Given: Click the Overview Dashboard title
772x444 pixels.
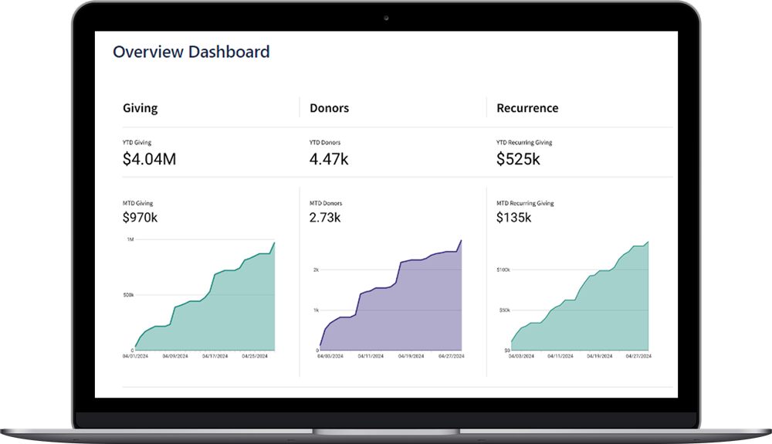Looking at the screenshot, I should coord(191,53).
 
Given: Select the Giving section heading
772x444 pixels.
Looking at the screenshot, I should coord(140,108).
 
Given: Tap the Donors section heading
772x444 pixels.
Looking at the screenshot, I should coord(329,108).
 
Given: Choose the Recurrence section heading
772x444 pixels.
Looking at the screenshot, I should coord(527,108).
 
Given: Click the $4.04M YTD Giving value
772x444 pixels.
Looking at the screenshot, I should coord(149,160).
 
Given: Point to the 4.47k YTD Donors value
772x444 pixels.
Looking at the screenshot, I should coord(330,160).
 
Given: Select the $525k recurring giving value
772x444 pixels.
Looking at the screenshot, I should coord(518,160).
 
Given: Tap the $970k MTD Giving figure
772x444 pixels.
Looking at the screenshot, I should coord(140,218).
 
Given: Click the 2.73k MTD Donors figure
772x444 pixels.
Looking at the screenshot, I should coord(325,218).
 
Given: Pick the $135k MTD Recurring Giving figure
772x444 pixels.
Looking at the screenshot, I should coord(513,218).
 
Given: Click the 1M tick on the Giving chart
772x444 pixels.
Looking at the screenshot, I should coord(130,240).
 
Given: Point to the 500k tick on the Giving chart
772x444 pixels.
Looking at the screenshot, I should coord(127,295).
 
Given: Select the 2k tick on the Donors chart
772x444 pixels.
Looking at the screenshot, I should coord(316,270).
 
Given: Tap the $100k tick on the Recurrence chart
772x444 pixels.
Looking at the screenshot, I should coord(503,270).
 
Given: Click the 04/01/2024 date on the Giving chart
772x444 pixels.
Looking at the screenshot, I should coord(135,357).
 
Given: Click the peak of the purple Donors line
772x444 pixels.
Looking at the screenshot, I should coord(461,240).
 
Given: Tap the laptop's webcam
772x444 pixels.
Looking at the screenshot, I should coord(385,18).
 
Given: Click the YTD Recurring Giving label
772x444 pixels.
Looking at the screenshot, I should coord(524,143).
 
